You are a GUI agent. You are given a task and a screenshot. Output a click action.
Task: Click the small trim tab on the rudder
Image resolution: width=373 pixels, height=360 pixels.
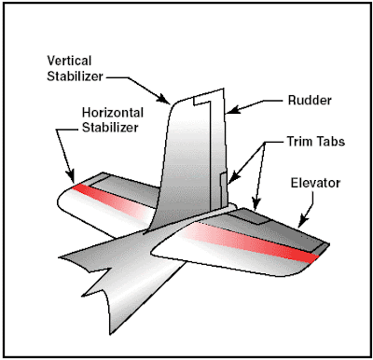click(222, 187)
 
